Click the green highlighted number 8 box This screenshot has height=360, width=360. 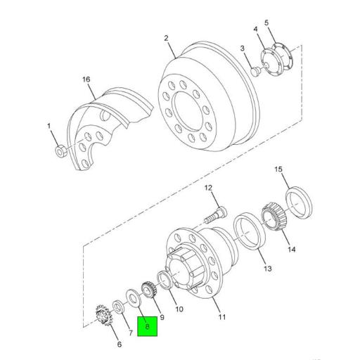147,326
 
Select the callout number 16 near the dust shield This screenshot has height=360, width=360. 87,81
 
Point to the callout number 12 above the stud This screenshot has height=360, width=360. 208,188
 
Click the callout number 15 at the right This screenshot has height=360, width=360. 278,169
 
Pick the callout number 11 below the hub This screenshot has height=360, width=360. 222,317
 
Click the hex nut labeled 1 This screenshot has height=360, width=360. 61,150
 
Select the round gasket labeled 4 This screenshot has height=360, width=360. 268,58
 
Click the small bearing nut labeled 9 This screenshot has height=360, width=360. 147,288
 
